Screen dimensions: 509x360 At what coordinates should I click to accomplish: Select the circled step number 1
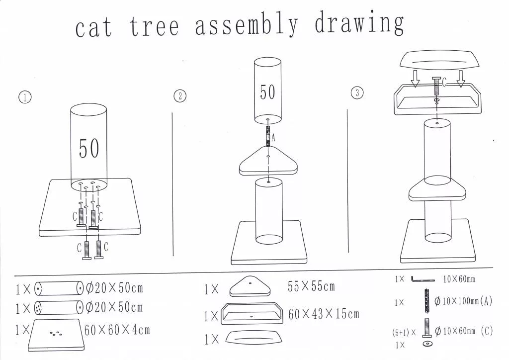(x=25, y=97)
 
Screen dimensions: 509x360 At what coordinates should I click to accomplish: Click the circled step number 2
(x=180, y=96)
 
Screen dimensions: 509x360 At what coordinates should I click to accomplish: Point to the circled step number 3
(x=357, y=93)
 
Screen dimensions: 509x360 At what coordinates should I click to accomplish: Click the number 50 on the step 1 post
(x=89, y=148)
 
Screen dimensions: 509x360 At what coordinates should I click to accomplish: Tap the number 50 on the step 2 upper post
(x=267, y=92)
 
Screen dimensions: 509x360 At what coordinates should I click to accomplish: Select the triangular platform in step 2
(x=268, y=161)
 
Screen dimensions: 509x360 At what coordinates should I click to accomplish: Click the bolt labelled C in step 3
(x=436, y=86)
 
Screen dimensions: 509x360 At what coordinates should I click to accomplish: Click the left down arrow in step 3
(x=415, y=79)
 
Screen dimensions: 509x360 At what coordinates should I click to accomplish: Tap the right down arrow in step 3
(x=461, y=79)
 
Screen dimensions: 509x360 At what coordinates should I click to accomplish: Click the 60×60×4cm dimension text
(x=117, y=330)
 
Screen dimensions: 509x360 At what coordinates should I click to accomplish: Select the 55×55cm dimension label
(x=311, y=286)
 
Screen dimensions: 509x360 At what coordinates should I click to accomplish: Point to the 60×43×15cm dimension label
(x=324, y=314)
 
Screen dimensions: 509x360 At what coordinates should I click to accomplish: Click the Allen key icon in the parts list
(x=423, y=279)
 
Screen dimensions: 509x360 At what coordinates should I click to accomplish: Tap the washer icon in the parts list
(x=427, y=344)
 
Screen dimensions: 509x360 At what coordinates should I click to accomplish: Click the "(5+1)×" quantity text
(x=404, y=333)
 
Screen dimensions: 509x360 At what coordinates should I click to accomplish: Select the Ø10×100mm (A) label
(x=463, y=301)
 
